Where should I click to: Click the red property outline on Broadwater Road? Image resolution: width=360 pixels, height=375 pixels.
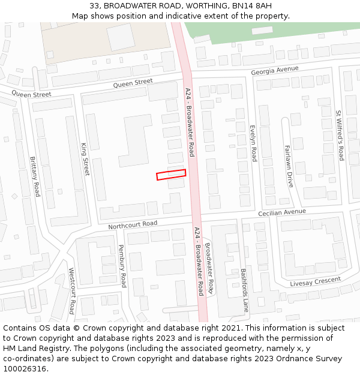point(171,175)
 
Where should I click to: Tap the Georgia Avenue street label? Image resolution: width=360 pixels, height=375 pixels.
point(274,70)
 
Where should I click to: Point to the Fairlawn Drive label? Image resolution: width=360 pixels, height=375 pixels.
point(289,166)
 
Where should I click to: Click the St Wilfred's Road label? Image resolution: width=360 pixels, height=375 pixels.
point(340,136)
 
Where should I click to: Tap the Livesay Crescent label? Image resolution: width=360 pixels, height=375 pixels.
point(315,281)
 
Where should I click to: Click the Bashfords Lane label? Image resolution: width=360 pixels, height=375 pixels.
point(245,289)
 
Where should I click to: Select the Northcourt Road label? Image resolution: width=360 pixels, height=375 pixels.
point(132,224)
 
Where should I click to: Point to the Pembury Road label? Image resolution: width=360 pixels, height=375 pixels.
point(122,265)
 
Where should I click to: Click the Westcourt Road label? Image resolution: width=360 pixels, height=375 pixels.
point(71,290)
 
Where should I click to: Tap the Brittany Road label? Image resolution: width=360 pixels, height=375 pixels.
point(35,176)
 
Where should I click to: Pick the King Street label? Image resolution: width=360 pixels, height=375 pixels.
point(85,158)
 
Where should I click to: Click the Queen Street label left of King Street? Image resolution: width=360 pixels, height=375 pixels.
point(31,94)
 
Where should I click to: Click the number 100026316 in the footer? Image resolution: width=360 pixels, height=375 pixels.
point(26,368)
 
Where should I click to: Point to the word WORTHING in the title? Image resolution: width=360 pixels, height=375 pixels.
point(199,6)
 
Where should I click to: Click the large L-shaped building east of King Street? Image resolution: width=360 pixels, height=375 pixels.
point(135,141)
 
